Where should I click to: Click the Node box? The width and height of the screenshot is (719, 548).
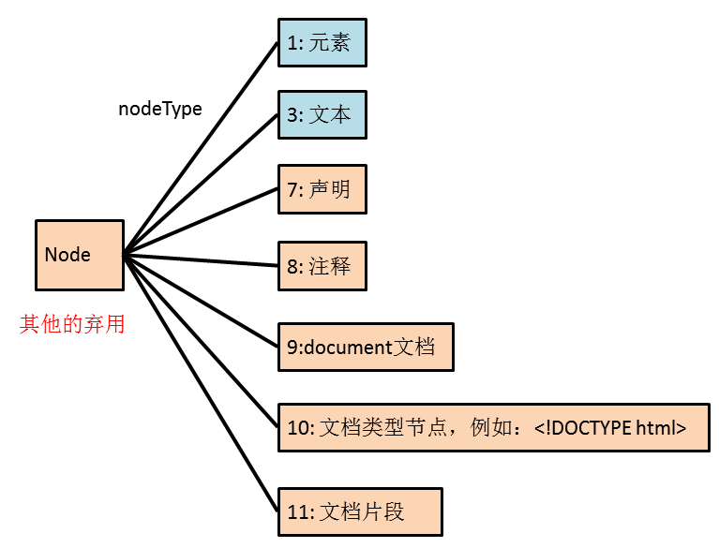pos(79,255)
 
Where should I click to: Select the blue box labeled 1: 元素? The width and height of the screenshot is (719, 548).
pos(322,43)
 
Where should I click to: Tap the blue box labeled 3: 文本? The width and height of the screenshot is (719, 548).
pos(322,114)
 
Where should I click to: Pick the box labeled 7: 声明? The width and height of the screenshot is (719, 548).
pos(322,188)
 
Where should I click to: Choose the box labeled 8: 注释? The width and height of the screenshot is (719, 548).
pos(322,266)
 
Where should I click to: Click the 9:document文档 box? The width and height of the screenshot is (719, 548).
pos(366,347)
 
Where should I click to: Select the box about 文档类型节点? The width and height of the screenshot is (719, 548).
pos(493,427)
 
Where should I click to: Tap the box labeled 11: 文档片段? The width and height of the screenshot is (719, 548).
pos(359,511)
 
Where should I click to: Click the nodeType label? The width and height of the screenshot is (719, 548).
pos(160,109)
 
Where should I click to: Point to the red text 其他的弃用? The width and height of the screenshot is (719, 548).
pos(72,325)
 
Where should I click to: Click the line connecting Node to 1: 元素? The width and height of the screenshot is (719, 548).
pos(202,148)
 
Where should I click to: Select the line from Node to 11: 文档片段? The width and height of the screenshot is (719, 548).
pos(202,383)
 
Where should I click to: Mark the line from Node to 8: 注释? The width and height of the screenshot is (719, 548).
pos(202,259)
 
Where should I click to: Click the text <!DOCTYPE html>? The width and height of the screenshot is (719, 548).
pos(610,428)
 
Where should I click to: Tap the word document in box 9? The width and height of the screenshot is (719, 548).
pos(346,348)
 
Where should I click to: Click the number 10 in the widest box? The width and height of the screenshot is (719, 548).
pos(296,428)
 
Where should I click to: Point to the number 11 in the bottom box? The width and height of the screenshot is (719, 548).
pos(296,512)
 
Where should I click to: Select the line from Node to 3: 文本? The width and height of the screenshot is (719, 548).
pos(202,184)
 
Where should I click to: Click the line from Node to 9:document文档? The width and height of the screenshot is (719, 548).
pos(202,300)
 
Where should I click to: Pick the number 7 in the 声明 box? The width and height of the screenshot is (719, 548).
pos(292,189)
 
